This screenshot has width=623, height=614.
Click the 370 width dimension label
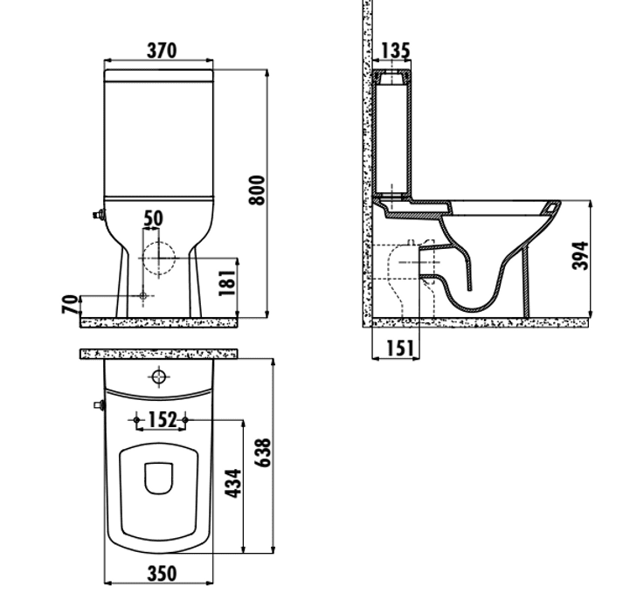(x=162, y=51)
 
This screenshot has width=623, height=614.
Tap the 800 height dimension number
(x=257, y=190)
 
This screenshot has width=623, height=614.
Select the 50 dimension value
(x=153, y=219)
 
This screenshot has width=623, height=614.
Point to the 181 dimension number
(x=227, y=282)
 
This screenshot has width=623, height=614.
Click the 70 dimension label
(x=70, y=304)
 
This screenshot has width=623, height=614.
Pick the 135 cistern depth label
(x=395, y=51)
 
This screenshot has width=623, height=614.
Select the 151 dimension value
(x=399, y=348)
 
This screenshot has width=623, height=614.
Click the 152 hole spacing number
(x=162, y=420)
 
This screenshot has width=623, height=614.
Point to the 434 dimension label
(x=232, y=483)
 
